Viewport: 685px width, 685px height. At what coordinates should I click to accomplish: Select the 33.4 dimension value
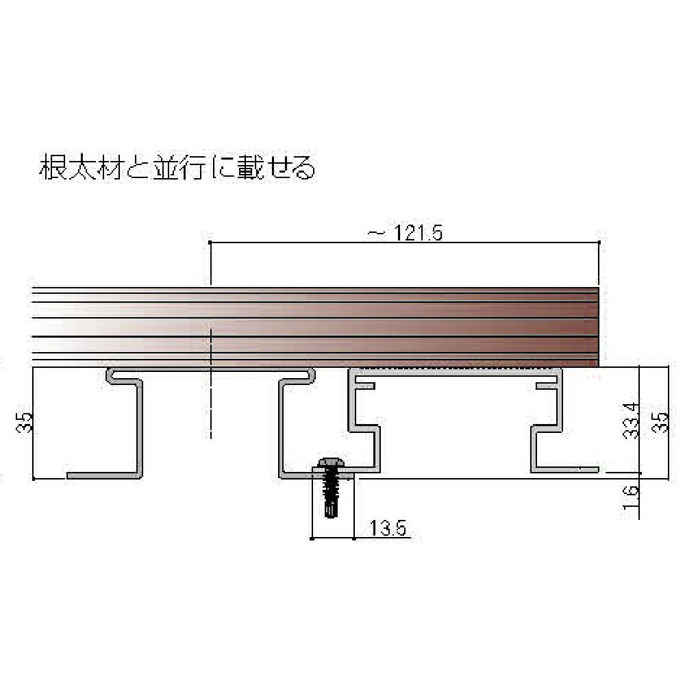click(632, 421)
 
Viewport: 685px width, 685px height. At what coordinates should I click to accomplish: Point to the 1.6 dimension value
click(631, 497)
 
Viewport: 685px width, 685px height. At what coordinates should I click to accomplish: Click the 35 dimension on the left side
click(25, 422)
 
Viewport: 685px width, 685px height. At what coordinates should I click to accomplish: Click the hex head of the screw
click(331, 462)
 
